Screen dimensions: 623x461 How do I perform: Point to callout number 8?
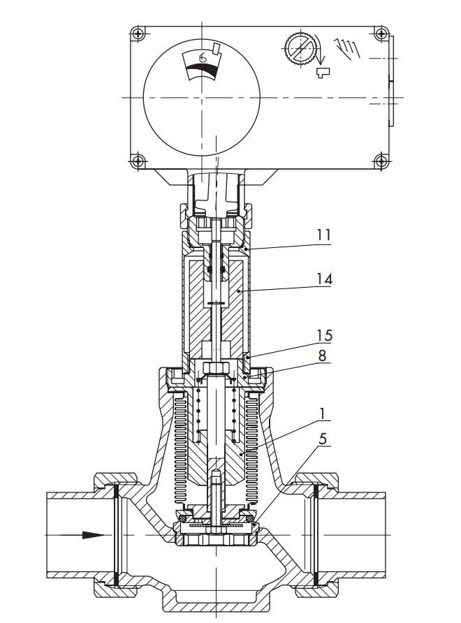click(323, 356)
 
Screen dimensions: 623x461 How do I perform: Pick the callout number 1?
click(323, 413)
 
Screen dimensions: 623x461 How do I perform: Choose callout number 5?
click(323, 441)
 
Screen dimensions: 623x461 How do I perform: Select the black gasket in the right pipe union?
click(316, 535)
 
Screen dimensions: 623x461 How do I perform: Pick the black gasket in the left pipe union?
click(115, 535)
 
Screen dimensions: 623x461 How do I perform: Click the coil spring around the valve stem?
click(200, 412)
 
